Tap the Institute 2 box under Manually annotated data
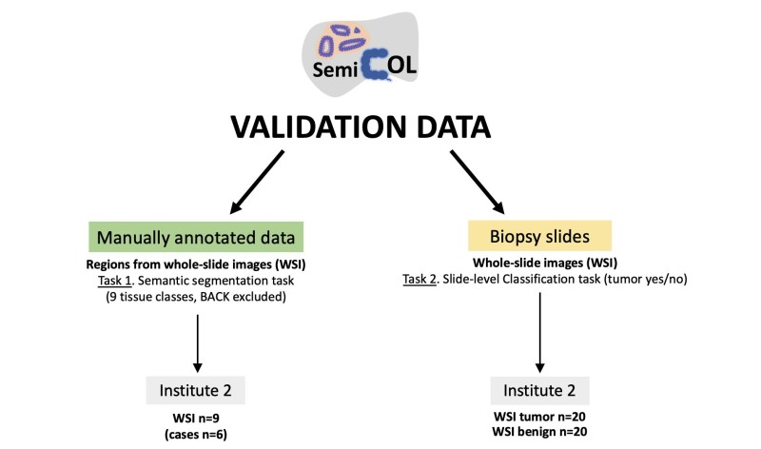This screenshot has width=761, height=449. [199, 391]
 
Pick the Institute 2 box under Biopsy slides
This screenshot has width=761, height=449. [540, 391]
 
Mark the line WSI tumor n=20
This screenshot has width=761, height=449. [540, 418]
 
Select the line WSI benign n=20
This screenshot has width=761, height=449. [540, 433]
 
